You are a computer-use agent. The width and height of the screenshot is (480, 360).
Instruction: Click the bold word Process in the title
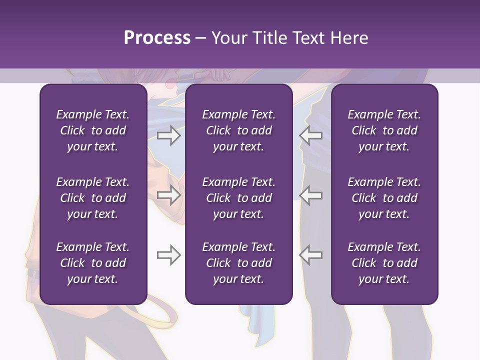tap(157, 38)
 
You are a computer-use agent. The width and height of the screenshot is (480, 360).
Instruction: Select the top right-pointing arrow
tap(168, 135)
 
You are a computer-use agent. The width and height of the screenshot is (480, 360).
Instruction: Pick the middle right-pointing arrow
tap(168, 195)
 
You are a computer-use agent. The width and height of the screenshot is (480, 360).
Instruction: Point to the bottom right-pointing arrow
tap(168, 255)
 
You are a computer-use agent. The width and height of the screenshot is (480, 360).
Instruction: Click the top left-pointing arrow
tap(311, 135)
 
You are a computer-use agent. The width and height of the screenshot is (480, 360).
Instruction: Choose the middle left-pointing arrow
tap(311, 195)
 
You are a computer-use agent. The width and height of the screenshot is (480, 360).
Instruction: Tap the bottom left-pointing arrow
tap(311, 255)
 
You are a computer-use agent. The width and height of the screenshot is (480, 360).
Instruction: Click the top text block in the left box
tap(93, 130)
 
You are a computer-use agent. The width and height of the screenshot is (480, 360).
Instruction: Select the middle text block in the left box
tap(93, 198)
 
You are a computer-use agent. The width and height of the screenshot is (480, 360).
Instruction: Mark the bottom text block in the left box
tap(93, 263)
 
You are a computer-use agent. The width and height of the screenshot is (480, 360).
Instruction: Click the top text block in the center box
tap(238, 130)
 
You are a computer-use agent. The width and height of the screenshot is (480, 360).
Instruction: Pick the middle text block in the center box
tap(238, 198)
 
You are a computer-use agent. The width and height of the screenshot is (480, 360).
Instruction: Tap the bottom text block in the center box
tap(238, 263)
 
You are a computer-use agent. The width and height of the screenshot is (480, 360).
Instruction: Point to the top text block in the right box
tap(384, 130)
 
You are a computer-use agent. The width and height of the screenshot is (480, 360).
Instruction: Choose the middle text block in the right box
tap(384, 198)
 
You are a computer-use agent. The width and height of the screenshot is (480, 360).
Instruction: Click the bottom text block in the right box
tap(384, 263)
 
